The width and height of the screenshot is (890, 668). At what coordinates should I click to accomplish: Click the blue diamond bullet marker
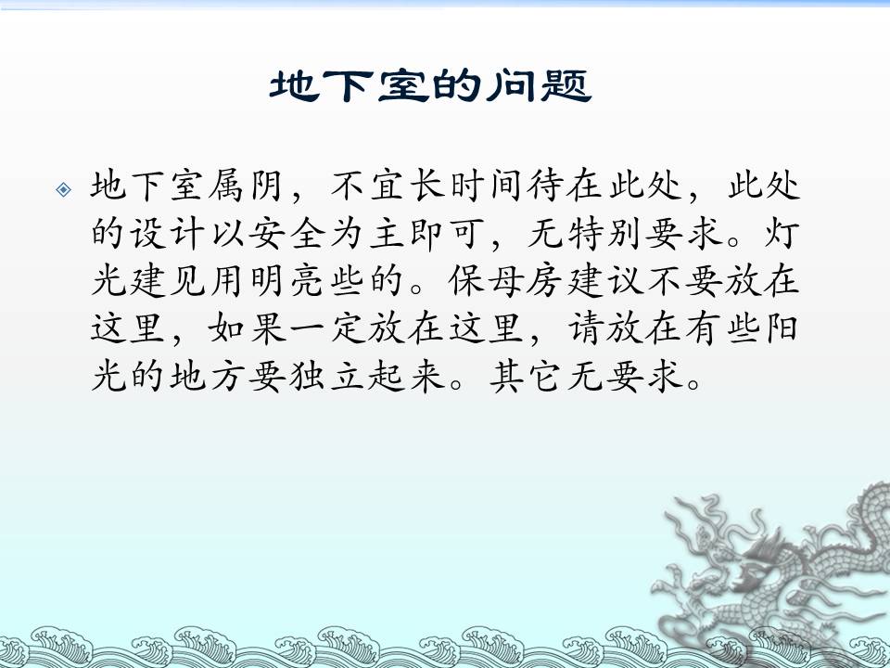point(64,189)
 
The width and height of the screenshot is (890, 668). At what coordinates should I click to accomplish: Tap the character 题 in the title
point(566,85)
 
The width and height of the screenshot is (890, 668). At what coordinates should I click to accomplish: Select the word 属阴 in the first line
point(245,186)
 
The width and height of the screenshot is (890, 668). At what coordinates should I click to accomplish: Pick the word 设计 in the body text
point(167,234)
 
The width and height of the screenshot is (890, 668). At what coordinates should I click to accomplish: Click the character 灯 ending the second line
point(782,234)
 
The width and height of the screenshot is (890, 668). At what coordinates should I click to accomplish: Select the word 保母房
point(505,280)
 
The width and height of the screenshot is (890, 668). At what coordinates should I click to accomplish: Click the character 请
point(587,328)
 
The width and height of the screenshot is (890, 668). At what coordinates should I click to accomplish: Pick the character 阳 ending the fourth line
point(782,328)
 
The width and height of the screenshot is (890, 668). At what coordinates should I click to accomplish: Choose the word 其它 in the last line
point(526,376)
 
